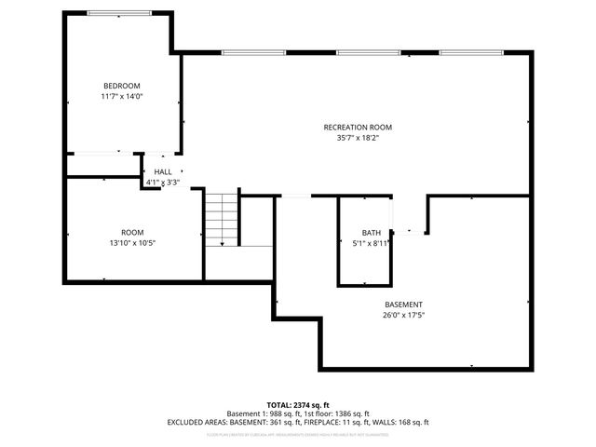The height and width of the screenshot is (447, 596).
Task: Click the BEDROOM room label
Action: tap(121, 86)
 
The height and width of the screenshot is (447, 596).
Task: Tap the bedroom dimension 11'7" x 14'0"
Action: tap(121, 96)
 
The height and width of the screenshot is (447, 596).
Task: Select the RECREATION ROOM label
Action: tap(358, 127)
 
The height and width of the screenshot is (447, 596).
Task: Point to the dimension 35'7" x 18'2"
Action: tap(358, 137)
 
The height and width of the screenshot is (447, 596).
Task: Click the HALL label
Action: tap(163, 172)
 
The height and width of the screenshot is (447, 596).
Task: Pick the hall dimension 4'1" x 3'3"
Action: tap(162, 183)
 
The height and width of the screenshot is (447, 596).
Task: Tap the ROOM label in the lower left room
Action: tap(132, 232)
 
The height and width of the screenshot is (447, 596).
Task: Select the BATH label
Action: tap(371, 232)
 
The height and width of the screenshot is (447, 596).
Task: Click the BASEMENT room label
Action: tap(403, 305)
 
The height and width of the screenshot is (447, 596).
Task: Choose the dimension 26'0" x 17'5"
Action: tap(403, 315)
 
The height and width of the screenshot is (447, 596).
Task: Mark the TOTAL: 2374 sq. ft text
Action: tap(298, 404)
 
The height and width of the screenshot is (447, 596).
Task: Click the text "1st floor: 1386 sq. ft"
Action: tap(335, 413)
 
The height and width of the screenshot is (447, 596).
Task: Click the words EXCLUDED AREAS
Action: tap(196, 422)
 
